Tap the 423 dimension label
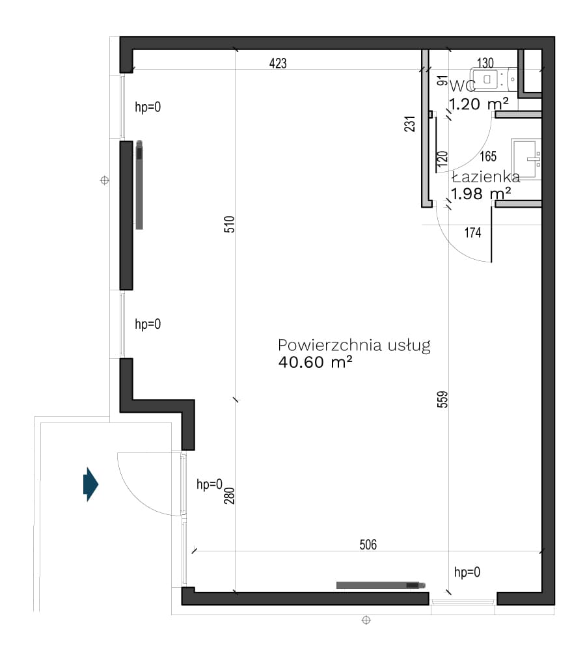coord(278,63)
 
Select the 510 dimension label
coord(230,224)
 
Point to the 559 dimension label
coord(442,400)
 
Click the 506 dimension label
coord(368,544)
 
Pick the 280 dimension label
coord(230,495)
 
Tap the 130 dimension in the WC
coord(485,62)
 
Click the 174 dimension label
coord(472,232)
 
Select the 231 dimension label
coord(409,124)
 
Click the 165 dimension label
coord(488,156)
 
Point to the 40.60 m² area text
coord(316,363)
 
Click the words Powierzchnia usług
coord(355,346)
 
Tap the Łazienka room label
coord(485,177)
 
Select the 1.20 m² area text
coord(479,104)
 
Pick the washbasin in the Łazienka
coord(526,159)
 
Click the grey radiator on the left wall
coord(139,185)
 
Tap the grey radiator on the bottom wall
coord(381,585)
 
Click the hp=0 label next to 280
coord(210,484)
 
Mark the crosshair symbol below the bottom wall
coord(366,620)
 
